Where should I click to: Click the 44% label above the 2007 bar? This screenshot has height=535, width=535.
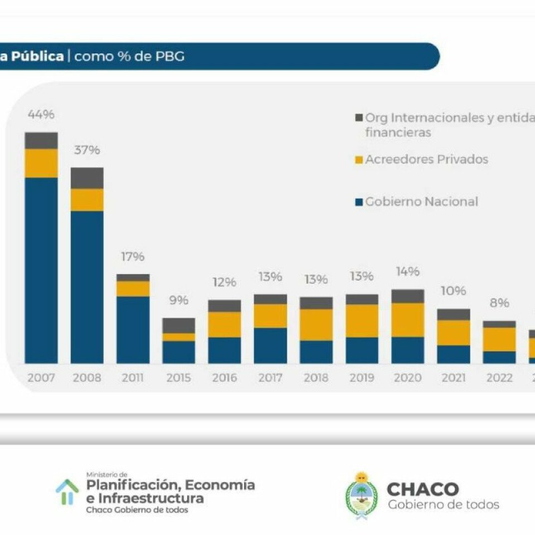tap(41, 115)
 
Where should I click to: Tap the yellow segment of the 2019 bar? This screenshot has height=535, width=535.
tap(362, 320)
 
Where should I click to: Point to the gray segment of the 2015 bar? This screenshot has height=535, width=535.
tap(179, 325)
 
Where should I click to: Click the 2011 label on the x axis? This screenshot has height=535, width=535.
tap(133, 378)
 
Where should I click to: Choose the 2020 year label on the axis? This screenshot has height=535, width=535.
tap(407, 378)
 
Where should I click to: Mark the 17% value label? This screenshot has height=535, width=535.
tap(133, 257)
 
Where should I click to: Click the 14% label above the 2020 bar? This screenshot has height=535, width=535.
tap(407, 272)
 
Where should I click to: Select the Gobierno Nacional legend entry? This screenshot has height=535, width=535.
tap(421, 202)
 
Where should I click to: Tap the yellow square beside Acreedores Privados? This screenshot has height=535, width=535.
tap(359, 160)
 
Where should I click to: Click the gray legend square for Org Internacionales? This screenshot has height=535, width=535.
tap(359, 118)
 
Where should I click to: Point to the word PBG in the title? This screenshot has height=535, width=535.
tap(171, 57)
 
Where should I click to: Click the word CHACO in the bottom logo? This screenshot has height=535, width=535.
tap(423, 489)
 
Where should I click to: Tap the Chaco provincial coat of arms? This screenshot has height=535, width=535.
tap(361, 496)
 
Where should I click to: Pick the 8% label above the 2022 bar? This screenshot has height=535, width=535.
tap(499, 303)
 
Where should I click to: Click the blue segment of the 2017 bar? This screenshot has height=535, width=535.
tap(270, 346)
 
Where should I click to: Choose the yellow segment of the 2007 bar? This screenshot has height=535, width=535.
tap(41, 163)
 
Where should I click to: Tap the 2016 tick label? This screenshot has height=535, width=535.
tap(224, 378)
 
